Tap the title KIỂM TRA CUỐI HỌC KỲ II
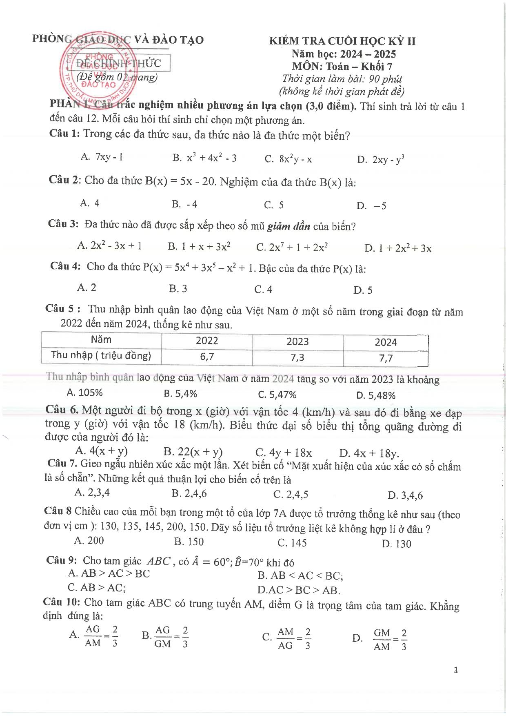[x=342, y=41]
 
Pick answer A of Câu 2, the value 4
[x=90, y=203]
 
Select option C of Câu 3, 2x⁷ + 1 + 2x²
[x=292, y=247]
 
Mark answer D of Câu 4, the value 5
[x=363, y=290]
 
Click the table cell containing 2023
[x=297, y=341]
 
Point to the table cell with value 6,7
[x=207, y=357]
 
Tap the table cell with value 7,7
[x=386, y=358]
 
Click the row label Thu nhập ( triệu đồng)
[x=101, y=355]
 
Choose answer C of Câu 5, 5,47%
[x=277, y=395]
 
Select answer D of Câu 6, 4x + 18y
[x=369, y=453]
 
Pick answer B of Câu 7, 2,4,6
[x=189, y=493]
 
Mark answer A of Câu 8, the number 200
[x=89, y=540]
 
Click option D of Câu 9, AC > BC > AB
[x=299, y=590]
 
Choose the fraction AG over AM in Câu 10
[x=93, y=636]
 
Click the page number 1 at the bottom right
[x=456, y=670]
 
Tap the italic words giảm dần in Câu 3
[x=289, y=226]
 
